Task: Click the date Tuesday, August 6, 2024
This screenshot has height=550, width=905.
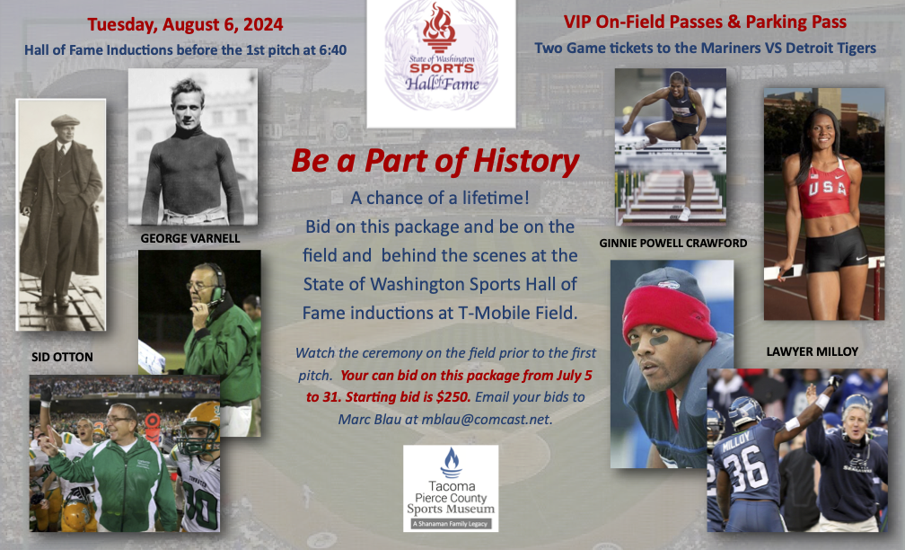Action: pos(185,25)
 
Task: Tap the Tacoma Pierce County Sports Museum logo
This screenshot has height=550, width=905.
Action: pos(451,488)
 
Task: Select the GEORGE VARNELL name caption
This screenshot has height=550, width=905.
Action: pos(190,238)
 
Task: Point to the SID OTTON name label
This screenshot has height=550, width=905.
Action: pos(62,357)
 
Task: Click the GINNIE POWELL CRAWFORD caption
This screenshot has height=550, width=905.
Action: pos(673,244)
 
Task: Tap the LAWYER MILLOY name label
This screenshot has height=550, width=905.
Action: pos(812,351)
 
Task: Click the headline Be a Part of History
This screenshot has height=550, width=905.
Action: pos(435,161)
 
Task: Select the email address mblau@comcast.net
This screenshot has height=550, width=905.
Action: pos(487,419)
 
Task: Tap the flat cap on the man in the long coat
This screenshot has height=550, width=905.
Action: pos(65,120)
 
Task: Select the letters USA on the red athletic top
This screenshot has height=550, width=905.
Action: pos(827,189)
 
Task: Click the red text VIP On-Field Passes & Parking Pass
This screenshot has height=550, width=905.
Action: pos(705,22)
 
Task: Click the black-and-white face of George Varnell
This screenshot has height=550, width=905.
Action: pos(188,107)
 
